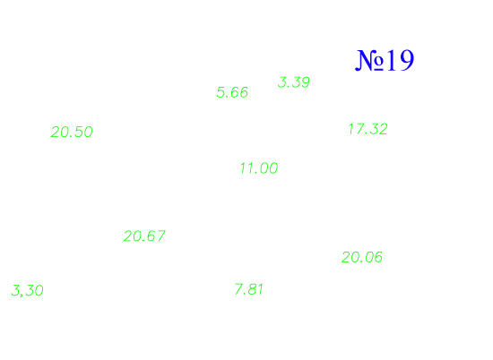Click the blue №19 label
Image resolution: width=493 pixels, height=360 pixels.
pyautogui.click(x=385, y=60)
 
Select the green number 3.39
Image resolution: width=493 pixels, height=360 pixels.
pyautogui.click(x=294, y=82)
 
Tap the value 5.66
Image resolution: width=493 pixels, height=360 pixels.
pyautogui.click(x=232, y=92)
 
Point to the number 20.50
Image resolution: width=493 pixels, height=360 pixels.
pyautogui.click(x=72, y=132)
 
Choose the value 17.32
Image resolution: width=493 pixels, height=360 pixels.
pyautogui.click(x=368, y=129)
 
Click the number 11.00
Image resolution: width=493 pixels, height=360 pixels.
pyautogui.click(x=259, y=168)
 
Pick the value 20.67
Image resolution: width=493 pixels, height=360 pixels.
pyautogui.click(x=144, y=236)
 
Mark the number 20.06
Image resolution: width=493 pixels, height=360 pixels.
pyautogui.click(x=362, y=257)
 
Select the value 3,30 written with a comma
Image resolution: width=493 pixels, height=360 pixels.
pyautogui.click(x=27, y=290)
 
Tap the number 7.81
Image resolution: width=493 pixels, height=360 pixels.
pyautogui.click(x=248, y=289)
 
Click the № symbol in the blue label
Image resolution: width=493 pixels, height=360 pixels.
pyautogui.click(x=369, y=61)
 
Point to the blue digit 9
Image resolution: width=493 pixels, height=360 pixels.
pyautogui.click(x=406, y=60)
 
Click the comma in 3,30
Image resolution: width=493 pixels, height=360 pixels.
pyautogui.click(x=21, y=295)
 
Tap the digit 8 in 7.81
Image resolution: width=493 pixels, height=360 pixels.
pyautogui.click(x=252, y=289)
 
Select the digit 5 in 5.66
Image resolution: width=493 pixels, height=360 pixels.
pyautogui.click(x=221, y=92)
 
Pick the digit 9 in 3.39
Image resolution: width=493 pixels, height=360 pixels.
pyautogui.click(x=306, y=82)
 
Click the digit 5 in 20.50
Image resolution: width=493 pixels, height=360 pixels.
pyautogui.click(x=78, y=132)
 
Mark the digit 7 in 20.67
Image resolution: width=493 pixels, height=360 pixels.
pyautogui.click(x=161, y=236)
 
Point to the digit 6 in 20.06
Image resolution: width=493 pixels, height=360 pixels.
pyautogui.click(x=378, y=257)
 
